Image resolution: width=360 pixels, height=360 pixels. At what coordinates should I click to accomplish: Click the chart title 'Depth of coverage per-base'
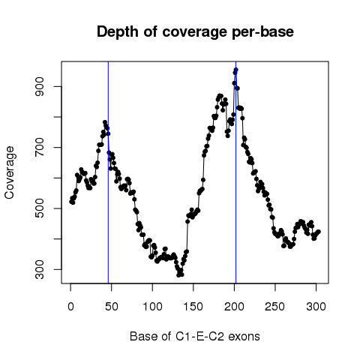click(x=195, y=32)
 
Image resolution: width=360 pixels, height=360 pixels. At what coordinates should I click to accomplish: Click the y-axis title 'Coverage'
click(x=10, y=172)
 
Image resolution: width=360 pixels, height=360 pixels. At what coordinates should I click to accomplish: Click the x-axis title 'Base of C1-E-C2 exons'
click(x=195, y=337)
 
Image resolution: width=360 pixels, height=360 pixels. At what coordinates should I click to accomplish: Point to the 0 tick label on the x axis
click(x=70, y=307)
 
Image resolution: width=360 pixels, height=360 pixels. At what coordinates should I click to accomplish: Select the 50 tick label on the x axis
click(x=112, y=307)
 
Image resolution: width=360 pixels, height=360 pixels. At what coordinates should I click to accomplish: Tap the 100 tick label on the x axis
click(x=152, y=307)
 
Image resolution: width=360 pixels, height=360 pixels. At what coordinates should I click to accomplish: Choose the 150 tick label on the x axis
click(x=193, y=307)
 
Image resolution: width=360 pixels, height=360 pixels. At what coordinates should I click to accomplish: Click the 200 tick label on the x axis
click(x=234, y=307)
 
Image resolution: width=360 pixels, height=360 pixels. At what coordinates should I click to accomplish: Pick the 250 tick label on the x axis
click(x=275, y=307)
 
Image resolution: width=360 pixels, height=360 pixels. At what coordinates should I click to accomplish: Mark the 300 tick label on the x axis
click(x=316, y=307)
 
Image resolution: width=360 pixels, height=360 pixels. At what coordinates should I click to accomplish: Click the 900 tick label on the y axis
click(x=40, y=86)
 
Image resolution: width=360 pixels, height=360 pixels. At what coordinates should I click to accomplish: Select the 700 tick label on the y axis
click(x=40, y=148)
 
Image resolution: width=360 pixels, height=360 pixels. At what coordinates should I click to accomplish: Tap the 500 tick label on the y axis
click(x=40, y=208)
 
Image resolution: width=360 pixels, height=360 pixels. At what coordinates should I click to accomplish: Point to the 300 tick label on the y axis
click(x=40, y=269)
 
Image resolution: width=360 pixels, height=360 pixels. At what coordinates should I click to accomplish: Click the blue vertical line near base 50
click(x=108, y=172)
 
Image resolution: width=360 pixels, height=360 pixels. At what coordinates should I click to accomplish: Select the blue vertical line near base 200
click(x=235, y=172)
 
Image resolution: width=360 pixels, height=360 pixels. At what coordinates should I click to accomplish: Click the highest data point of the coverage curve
click(x=235, y=70)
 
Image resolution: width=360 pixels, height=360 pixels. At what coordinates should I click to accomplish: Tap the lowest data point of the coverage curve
click(x=178, y=275)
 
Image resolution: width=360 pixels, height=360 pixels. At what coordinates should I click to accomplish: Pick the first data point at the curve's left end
click(x=71, y=202)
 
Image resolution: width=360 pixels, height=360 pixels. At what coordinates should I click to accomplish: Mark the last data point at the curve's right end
click(x=319, y=232)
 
